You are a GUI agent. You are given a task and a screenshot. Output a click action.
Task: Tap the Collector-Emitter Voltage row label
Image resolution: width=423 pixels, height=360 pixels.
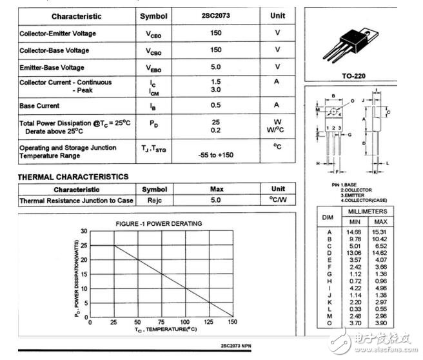[x=59, y=34]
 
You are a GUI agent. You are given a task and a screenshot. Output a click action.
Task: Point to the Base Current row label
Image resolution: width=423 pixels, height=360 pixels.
[x=39, y=106]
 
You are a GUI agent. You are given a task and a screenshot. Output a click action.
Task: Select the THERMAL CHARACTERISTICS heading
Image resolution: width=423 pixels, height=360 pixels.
[x=73, y=177]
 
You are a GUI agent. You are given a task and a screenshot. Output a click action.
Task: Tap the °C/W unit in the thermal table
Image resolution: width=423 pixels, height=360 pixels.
[x=278, y=200]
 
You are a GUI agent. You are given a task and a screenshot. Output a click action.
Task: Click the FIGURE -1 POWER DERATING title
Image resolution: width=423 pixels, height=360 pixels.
[x=159, y=223]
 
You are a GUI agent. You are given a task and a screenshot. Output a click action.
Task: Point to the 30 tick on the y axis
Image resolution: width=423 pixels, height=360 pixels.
[x=84, y=231]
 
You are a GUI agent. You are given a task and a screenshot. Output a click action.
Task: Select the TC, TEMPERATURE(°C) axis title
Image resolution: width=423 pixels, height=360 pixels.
[x=156, y=330]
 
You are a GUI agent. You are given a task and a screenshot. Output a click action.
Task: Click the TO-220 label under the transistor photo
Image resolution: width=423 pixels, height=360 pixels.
[x=353, y=76]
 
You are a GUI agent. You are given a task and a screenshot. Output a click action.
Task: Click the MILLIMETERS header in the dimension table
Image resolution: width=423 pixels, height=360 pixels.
[x=368, y=212]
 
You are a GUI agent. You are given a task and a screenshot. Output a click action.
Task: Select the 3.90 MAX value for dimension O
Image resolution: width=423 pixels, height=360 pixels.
[x=380, y=323]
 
